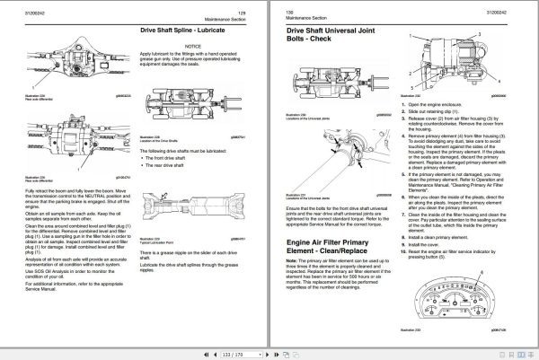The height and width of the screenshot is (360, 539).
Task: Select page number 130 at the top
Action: coord(289,8)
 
